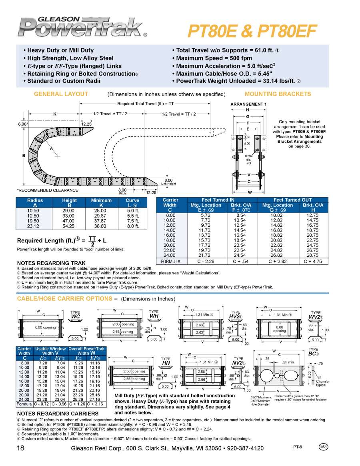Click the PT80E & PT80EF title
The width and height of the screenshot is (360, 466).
point(252,30)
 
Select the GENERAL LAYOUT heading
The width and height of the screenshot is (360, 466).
point(61,94)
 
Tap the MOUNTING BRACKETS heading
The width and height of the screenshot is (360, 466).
point(278,94)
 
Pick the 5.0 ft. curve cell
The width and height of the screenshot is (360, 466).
point(132,210)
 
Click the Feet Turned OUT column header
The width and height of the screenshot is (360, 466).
point(293,200)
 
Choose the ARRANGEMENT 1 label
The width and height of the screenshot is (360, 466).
point(248,104)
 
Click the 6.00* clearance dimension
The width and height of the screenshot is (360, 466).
point(23,124)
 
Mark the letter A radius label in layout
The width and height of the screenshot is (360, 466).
point(51,148)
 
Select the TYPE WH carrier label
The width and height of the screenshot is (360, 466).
point(154,314)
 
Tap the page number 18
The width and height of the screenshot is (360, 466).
point(21,448)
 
